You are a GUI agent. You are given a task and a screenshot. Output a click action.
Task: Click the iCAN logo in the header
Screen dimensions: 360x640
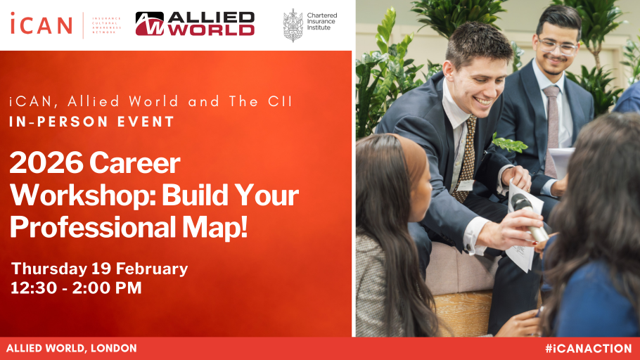41,24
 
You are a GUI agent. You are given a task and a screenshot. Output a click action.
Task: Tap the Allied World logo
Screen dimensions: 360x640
195,24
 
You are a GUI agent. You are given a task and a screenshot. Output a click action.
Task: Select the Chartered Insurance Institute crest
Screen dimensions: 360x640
293,25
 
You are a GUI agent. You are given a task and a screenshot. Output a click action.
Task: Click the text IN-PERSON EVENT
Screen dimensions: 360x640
92,122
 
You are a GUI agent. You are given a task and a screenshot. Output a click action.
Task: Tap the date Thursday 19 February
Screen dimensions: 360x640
100,269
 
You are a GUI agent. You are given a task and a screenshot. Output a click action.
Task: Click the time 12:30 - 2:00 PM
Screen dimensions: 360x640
76,288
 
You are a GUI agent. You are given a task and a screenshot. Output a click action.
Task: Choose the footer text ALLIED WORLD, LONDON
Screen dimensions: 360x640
71,348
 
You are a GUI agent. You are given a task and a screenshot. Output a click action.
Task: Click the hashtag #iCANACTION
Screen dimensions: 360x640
588,348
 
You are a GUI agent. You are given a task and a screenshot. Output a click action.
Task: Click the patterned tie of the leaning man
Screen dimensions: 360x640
466,158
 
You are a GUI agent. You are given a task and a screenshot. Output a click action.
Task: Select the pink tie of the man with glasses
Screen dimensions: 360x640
553,120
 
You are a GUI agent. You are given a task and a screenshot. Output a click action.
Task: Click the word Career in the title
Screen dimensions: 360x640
134,164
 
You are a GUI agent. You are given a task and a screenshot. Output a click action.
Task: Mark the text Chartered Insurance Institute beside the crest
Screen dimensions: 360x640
322,21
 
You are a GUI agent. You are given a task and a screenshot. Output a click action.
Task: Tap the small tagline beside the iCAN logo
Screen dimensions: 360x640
106,25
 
